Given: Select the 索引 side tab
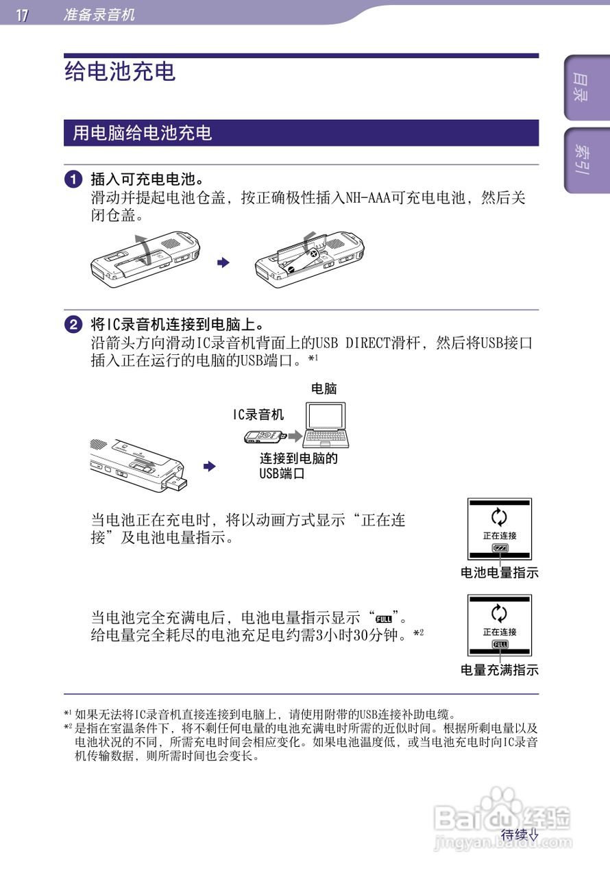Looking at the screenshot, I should pos(581,160).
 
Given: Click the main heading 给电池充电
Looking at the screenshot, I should pos(121,71).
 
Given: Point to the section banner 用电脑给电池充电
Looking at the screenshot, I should pos(143,133).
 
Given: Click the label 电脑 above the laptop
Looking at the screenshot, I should pos(324,388).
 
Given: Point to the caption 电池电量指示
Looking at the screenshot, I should pos(499,573).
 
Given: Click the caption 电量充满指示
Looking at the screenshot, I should pos(499,670).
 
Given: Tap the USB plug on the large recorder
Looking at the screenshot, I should pos(175,483).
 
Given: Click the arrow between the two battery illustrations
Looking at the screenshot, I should pos(222,262).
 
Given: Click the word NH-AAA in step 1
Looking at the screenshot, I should pos(367,199).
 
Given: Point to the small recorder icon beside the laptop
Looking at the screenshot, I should pos(264,436).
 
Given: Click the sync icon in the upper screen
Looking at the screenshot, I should pos(500,517).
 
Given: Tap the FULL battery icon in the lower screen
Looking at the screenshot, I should pos(500,645).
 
